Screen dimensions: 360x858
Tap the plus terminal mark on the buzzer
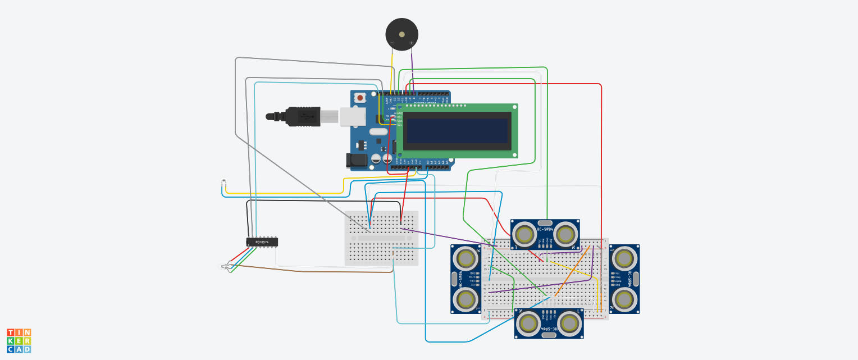coord(411,43)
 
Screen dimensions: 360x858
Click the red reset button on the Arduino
coord(359,98)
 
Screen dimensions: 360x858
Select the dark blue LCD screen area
coord(458,130)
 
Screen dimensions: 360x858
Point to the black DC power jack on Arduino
coord(355,160)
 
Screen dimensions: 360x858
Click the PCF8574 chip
coord(262,242)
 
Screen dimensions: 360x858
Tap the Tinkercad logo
coord(19,341)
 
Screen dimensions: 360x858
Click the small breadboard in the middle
coord(381,238)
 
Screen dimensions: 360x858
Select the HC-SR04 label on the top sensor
coord(545,229)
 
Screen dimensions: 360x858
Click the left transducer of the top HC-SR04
coord(524,234)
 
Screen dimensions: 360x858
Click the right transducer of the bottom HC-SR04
coord(569,323)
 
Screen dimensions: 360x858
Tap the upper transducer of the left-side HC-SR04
coord(466,258)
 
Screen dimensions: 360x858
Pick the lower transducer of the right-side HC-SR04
coord(624,300)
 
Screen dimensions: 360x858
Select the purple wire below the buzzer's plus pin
coord(412,62)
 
